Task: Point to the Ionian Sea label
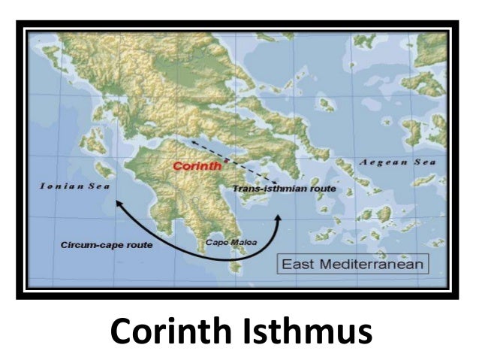[x=76, y=185]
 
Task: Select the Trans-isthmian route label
[x=284, y=189]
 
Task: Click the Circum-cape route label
[x=106, y=245]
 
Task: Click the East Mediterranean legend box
[x=352, y=264]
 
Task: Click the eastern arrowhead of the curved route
[x=279, y=219]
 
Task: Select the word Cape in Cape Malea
[x=216, y=242]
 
